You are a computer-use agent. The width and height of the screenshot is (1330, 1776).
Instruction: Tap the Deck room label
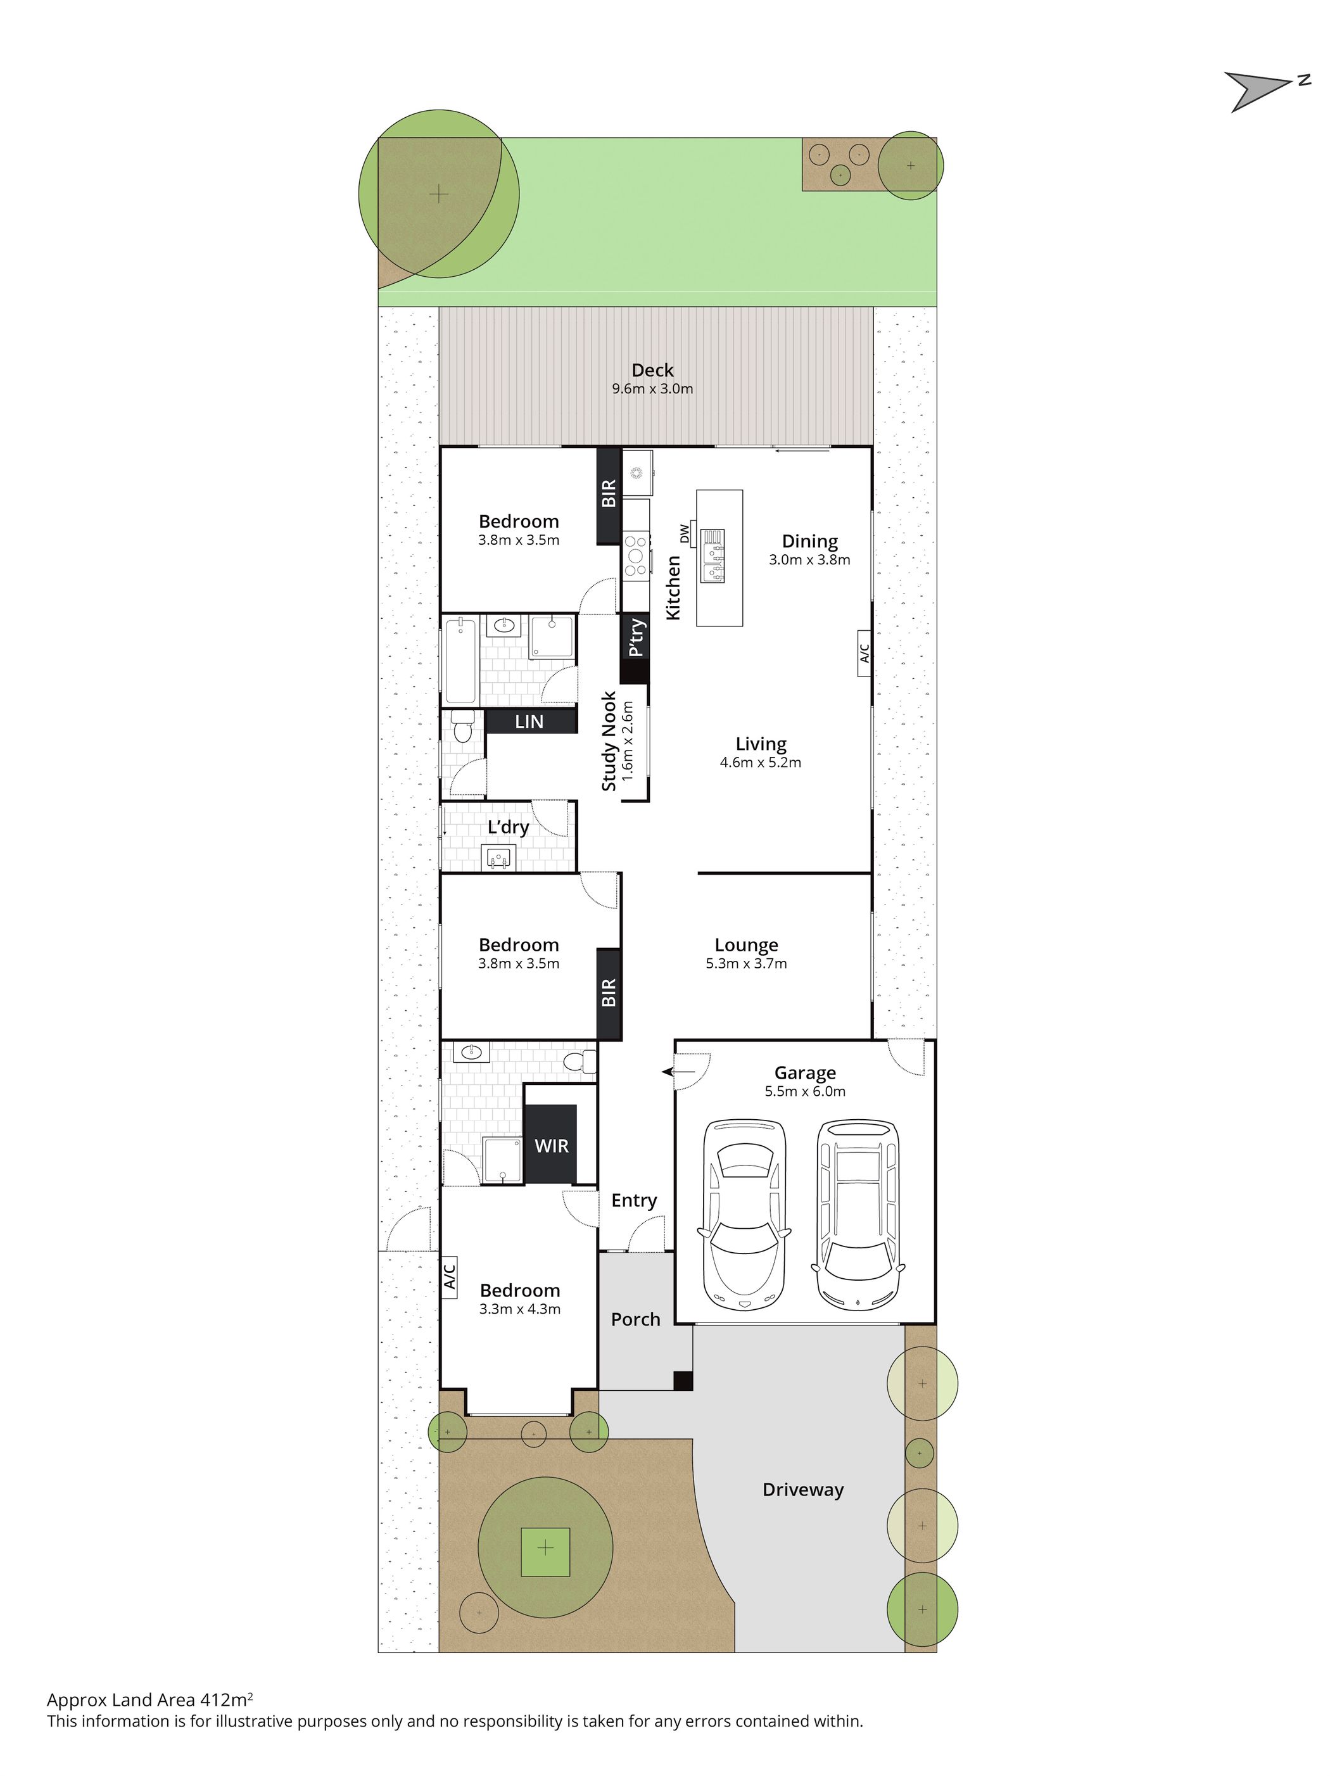652,370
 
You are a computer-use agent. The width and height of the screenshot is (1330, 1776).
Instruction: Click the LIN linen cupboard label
529,721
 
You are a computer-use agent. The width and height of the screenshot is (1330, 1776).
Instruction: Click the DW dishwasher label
684,533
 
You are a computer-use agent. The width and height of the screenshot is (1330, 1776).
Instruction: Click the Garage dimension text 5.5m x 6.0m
804,1091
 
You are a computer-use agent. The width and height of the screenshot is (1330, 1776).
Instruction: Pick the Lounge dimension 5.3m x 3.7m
745,963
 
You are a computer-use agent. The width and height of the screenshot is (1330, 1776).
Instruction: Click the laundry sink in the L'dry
498,858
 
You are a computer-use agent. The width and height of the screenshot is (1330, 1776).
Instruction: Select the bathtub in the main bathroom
460,659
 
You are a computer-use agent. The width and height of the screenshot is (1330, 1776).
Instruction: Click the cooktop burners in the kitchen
636,555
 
